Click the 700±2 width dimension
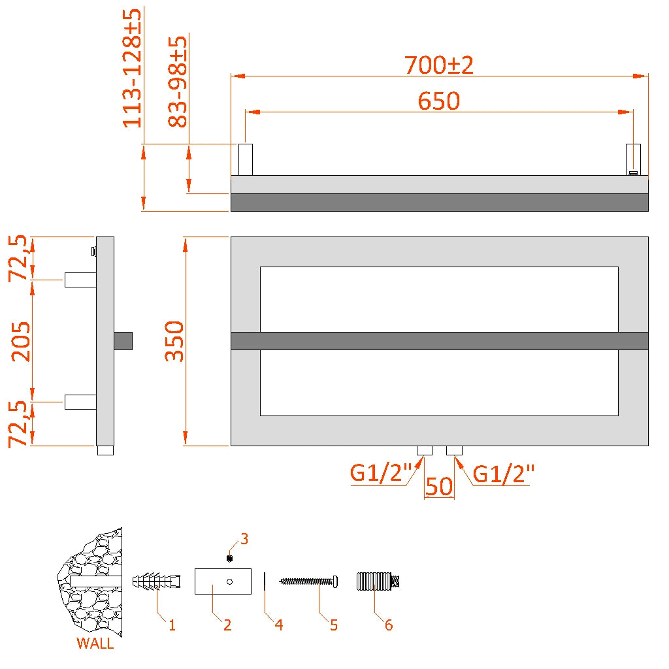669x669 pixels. (x=438, y=65)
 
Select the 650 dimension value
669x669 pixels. (x=439, y=101)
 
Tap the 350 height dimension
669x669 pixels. (x=174, y=341)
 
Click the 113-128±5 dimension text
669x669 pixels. (x=133, y=69)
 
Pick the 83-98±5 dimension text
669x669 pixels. (x=178, y=82)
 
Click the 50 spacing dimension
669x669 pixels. (x=439, y=487)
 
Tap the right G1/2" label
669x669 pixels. (x=504, y=474)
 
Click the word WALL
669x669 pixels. (x=95, y=644)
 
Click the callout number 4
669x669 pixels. (x=279, y=625)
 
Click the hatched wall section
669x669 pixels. (x=91, y=581)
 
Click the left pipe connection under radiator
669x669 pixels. (x=425, y=450)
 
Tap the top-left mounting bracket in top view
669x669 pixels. (x=245, y=159)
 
